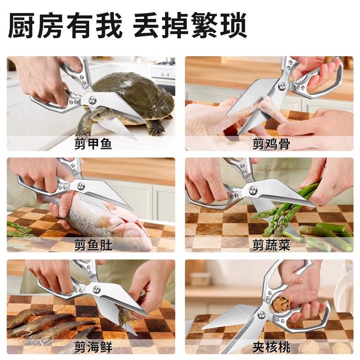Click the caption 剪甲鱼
tap(93, 144)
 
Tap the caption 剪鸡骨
tap(271, 144)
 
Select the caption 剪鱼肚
tap(93, 246)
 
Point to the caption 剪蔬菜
tap(271, 246)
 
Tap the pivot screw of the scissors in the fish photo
tap(81, 185)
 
